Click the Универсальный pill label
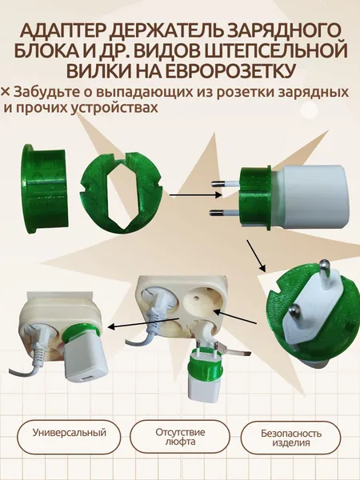point(69,433)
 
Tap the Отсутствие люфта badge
point(180,437)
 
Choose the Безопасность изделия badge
point(291,438)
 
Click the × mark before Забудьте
point(6,92)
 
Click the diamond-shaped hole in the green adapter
point(121,195)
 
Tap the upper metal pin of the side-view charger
point(225,184)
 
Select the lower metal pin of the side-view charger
point(224,213)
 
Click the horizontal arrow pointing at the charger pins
point(195,194)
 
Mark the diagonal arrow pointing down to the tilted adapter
point(256,256)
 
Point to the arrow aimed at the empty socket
point(234,317)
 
